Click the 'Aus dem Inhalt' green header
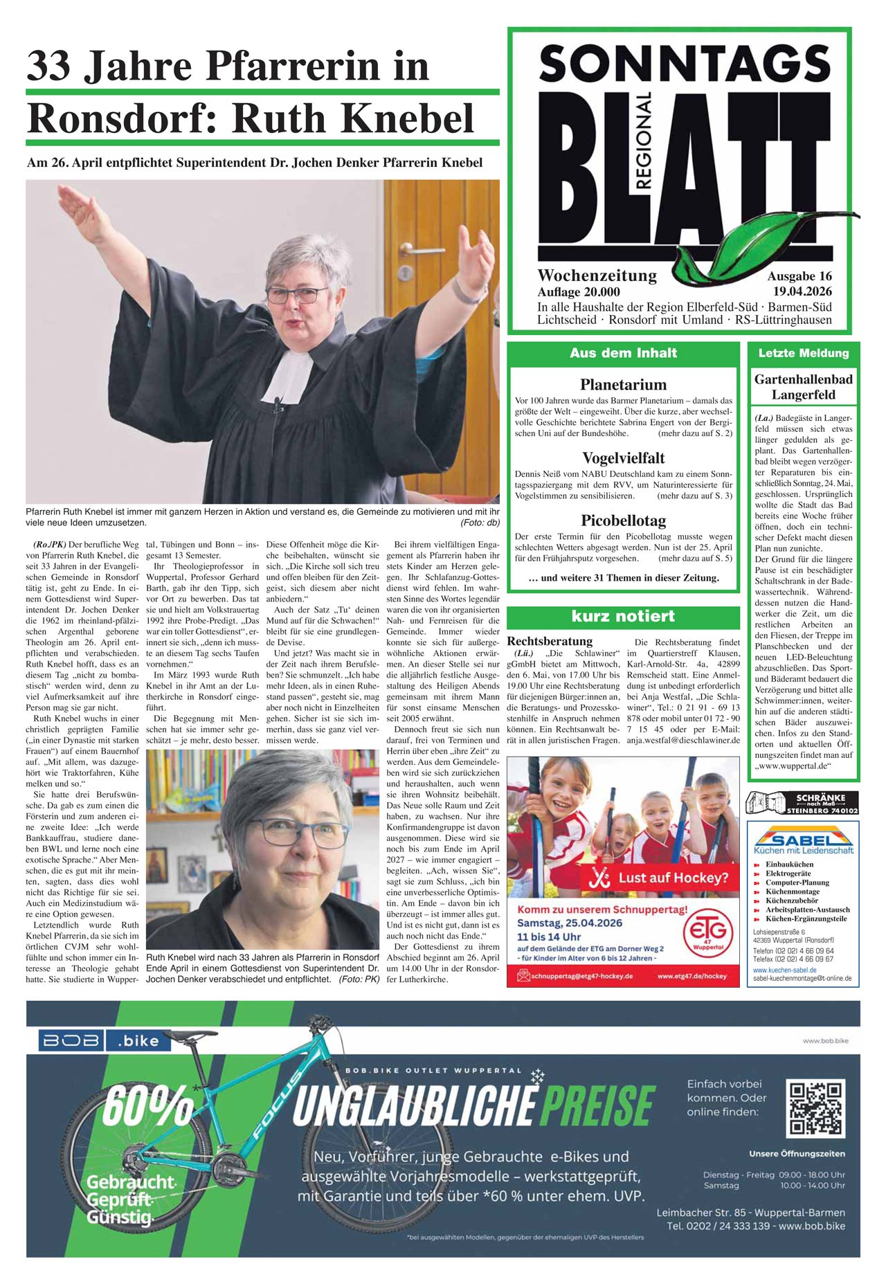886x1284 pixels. (623, 353)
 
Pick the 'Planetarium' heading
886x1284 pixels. (623, 385)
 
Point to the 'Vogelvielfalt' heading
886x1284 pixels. (623, 458)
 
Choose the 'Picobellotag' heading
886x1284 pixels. (623, 521)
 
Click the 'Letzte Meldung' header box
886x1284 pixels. (803, 353)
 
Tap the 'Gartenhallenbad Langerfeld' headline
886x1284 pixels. (803, 387)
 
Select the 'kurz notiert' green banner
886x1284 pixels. (623, 616)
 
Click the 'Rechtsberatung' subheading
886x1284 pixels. (550, 641)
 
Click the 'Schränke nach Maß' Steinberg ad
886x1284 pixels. (802, 802)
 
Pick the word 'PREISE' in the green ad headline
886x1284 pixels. (598, 1105)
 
